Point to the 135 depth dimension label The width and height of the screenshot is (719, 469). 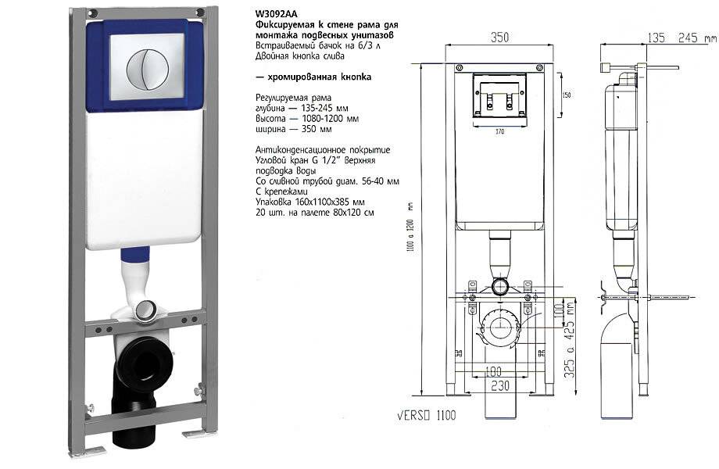(659, 37)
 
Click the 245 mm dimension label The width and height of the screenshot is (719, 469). (696, 37)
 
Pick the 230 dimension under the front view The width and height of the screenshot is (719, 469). (500, 385)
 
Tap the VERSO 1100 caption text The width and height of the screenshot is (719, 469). (424, 415)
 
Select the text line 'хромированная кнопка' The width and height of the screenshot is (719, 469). (316, 77)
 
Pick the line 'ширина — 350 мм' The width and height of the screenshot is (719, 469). (294, 129)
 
